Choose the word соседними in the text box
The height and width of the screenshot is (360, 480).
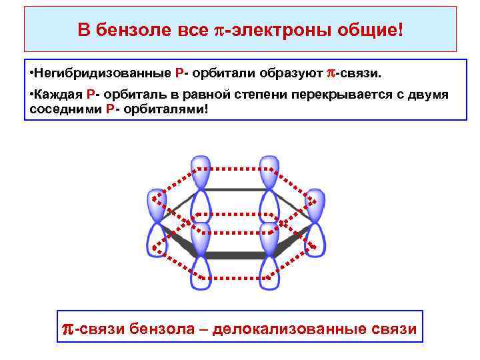pos(65,108)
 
